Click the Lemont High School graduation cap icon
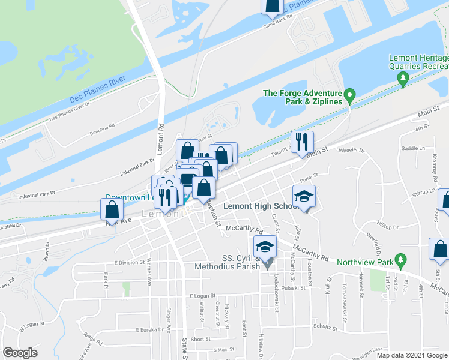click(x=304, y=196)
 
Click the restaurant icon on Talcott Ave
click(x=302, y=142)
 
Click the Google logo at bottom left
click(x=20, y=353)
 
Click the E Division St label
click(x=126, y=262)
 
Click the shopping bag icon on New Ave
click(x=112, y=210)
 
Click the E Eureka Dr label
click(x=149, y=329)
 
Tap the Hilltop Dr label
click(x=387, y=227)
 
